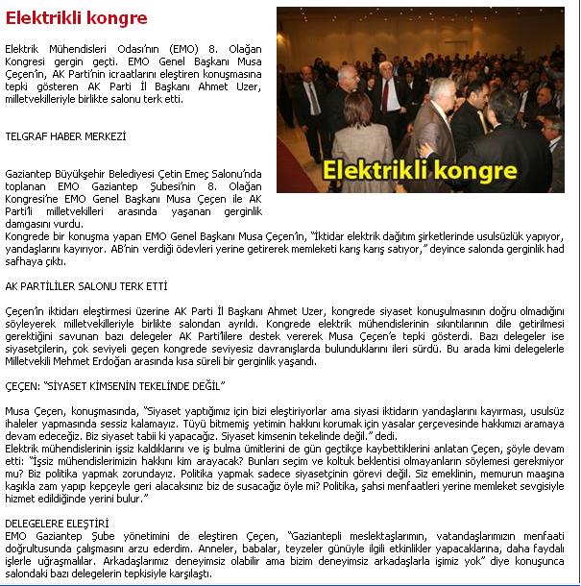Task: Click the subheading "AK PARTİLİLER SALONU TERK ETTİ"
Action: click(86, 286)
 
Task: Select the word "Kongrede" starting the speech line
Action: click(27, 234)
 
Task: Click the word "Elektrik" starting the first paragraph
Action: click(23, 47)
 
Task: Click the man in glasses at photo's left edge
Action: click(309, 101)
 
